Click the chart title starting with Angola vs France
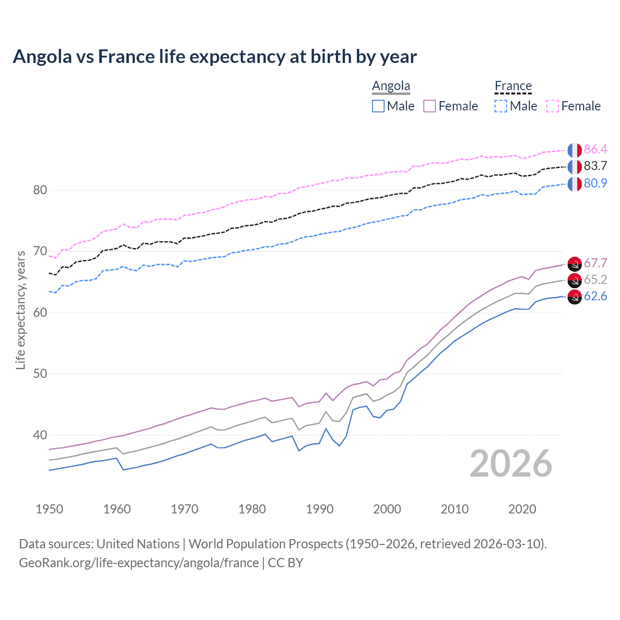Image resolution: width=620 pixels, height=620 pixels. coord(215,57)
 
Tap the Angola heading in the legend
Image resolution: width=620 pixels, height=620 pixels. coord(391,86)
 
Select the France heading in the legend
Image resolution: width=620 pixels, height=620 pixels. coord(513,86)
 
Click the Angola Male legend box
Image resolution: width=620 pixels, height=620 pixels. coord(378,106)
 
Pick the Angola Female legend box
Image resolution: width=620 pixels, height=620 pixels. coord(430,106)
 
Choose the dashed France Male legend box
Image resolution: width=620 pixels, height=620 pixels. coord(501,106)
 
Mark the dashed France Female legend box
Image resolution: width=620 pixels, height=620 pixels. coord(553,106)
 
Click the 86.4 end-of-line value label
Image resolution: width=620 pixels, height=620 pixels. coord(595,149)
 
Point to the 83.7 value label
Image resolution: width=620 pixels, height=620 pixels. coord(595,166)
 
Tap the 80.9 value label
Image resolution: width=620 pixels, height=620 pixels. coord(595,183)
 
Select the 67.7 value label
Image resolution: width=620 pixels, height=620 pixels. coord(595,263)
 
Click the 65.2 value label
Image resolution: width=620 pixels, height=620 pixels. coord(595,279)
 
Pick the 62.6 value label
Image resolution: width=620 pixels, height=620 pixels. coord(595,296)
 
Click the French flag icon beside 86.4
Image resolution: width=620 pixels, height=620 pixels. coord(574,150)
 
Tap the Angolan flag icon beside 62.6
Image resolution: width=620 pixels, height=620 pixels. coord(574,297)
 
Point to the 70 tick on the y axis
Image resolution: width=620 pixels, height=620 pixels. coord(40,251)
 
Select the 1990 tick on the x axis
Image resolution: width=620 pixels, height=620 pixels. coord(320,509)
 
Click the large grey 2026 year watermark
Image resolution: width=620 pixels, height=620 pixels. coord(511,464)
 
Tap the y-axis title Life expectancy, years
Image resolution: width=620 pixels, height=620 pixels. coord(20,310)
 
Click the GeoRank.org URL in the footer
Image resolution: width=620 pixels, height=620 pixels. coord(139,563)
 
